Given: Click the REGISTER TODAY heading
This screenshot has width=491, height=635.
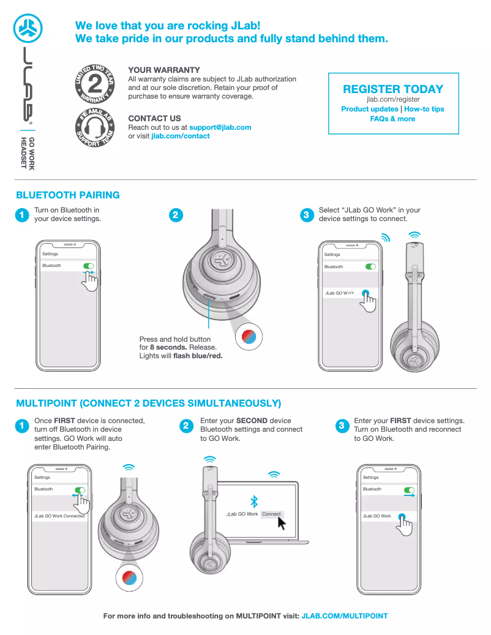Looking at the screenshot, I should coord(393,89).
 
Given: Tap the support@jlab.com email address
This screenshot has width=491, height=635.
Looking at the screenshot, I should coord(220,127).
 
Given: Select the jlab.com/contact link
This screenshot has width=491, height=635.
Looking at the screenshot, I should coord(181,136).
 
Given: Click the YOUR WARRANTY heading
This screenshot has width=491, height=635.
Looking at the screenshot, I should coord(164,70).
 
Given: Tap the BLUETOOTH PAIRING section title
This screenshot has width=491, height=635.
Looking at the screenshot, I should coord(68,195).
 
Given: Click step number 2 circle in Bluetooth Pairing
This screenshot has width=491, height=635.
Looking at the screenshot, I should coord(175,215).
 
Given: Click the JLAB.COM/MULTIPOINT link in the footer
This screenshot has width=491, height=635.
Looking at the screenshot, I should coord(345,616).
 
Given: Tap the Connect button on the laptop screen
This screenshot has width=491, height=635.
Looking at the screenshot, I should coord(271,514).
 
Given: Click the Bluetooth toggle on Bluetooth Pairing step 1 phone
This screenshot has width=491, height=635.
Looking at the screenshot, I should coord(88,266).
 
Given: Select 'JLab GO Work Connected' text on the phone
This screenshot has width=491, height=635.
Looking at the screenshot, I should coord(59,516).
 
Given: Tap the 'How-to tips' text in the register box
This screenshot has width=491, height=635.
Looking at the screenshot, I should coord(424,109).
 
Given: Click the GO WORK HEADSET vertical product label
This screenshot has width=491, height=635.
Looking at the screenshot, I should coord(28,153).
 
